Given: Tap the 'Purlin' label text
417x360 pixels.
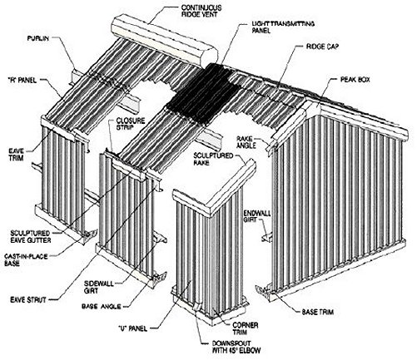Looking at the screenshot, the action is [x=38, y=38].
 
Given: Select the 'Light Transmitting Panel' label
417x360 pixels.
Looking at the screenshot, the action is [x=283, y=27].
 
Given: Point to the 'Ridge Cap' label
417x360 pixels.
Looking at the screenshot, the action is [x=322, y=47].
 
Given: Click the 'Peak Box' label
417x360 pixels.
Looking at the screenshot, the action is [x=355, y=80].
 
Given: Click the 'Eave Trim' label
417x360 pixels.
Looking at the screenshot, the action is [x=16, y=155].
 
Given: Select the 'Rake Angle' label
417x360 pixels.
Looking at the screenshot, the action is [x=246, y=141].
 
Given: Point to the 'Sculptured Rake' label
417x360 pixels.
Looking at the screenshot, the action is [x=213, y=159].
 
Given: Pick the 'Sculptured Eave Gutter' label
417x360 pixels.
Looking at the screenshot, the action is [x=31, y=237].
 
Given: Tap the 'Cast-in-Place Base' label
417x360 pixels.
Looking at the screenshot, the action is [x=26, y=259].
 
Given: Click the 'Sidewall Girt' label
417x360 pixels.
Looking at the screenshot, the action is [x=99, y=287].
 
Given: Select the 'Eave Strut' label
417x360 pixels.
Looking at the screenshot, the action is [x=28, y=299].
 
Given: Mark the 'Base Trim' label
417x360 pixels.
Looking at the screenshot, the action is [x=318, y=312].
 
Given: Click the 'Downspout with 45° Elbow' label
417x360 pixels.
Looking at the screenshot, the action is [x=236, y=347].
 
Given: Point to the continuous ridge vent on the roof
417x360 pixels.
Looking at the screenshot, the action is [x=164, y=41].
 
